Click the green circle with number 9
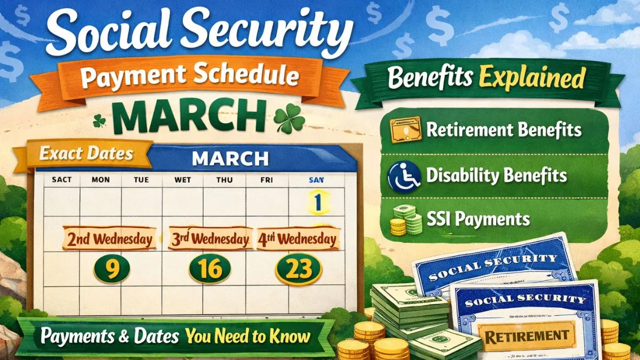[111, 268]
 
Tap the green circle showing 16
[210, 268]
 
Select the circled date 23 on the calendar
[298, 268]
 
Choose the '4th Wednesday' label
[298, 238]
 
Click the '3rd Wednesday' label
[210, 238]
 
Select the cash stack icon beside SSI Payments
[406, 219]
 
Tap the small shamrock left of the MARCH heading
[100, 121]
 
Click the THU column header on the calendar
[224, 180]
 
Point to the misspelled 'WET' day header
[183, 180]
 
